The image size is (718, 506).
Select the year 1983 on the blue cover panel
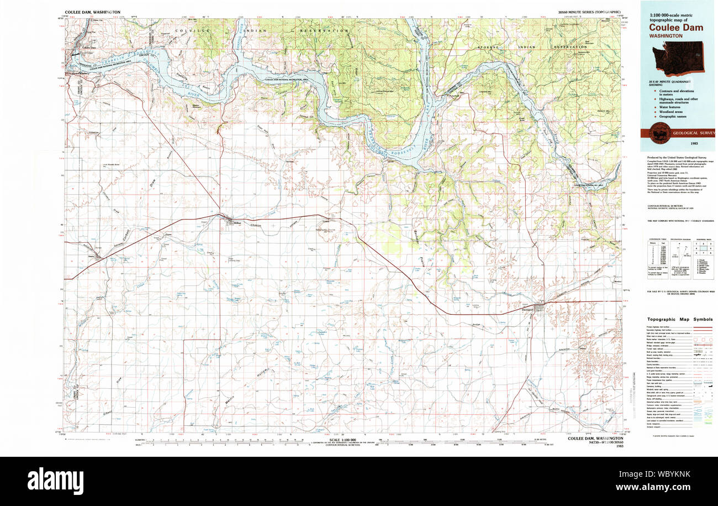coord(677,144)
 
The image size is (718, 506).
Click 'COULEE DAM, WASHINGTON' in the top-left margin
coord(92,12)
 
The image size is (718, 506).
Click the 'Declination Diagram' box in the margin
coord(682,257)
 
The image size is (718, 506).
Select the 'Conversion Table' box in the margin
coord(657,257)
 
